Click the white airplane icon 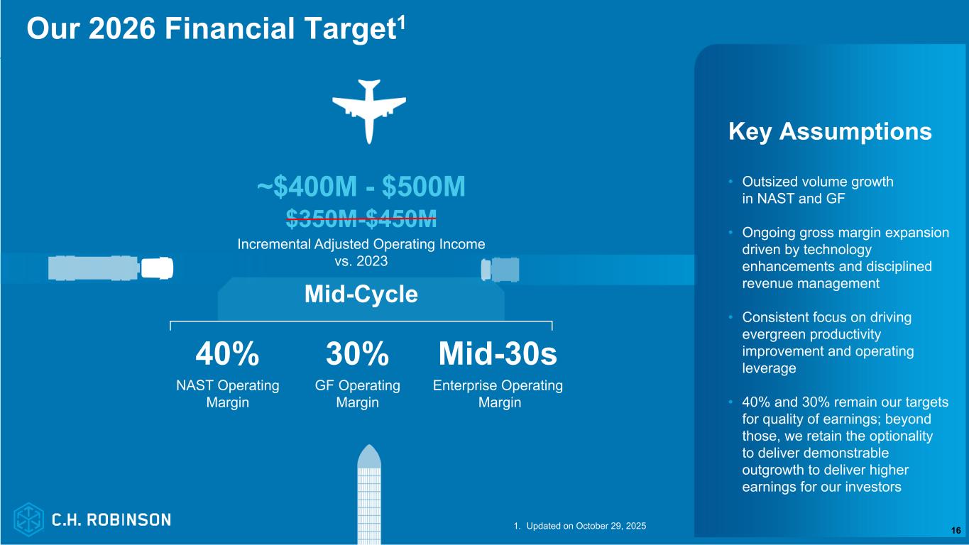pyautogui.click(x=369, y=111)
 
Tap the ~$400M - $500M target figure pyautogui.click(x=361, y=187)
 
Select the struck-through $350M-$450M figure pyautogui.click(x=361, y=219)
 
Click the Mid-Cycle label pyautogui.click(x=361, y=294)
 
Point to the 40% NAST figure pyautogui.click(x=228, y=354)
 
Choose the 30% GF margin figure pyautogui.click(x=357, y=354)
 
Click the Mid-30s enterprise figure pyautogui.click(x=498, y=354)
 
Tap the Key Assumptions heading pyautogui.click(x=830, y=131)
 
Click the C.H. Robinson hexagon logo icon pyautogui.click(x=28, y=519)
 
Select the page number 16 pyautogui.click(x=956, y=530)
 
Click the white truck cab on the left pyautogui.click(x=157, y=268)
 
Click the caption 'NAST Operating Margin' pyautogui.click(x=228, y=394)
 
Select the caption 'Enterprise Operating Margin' pyautogui.click(x=498, y=394)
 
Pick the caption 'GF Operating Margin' pyautogui.click(x=357, y=394)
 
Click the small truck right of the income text pyautogui.click(x=500, y=270)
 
